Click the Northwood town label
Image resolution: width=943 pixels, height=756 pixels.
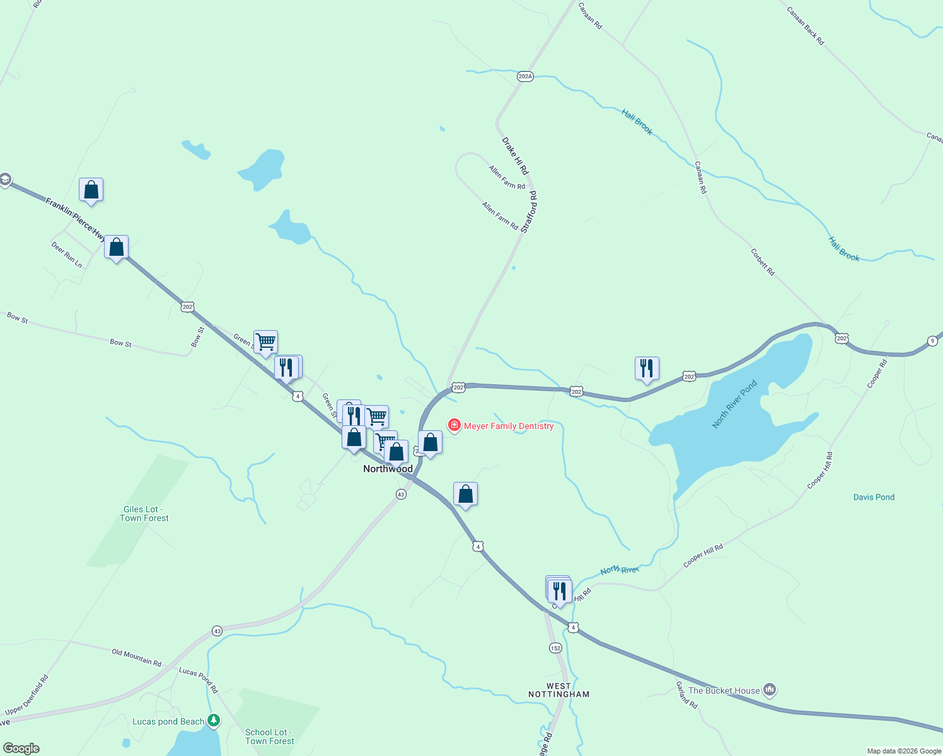point(388,469)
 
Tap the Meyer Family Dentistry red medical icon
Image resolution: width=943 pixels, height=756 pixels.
point(454,426)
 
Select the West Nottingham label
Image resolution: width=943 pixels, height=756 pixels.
point(558,690)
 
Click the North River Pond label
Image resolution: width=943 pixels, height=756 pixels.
point(734,404)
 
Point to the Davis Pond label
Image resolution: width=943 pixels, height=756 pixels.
point(874,497)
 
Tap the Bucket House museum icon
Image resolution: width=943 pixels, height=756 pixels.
point(769,690)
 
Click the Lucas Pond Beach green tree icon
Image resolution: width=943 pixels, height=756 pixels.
point(214,720)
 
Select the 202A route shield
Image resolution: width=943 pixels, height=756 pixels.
point(525,76)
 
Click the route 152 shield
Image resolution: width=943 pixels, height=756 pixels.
point(555,648)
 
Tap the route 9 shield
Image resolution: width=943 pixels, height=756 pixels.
point(933,341)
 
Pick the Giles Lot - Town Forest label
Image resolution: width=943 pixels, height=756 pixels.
point(144,513)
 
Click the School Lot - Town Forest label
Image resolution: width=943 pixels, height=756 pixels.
point(269,736)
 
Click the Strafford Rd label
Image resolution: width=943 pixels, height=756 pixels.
point(529,212)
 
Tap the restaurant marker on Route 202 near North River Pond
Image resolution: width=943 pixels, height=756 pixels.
point(647,368)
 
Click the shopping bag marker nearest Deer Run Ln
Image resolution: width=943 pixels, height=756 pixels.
point(116,247)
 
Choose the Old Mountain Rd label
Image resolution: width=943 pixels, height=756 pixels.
point(136,657)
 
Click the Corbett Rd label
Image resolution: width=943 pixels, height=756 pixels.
point(763,261)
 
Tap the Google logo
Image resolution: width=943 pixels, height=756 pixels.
point(21,748)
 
